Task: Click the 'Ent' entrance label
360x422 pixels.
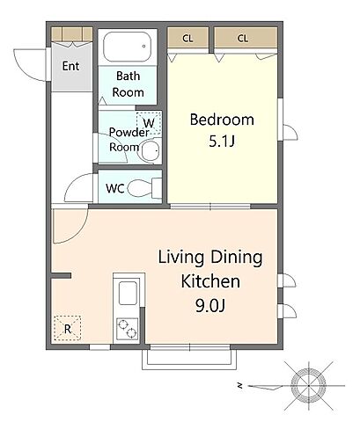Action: click(70, 66)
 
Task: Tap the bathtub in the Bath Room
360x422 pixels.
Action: click(128, 47)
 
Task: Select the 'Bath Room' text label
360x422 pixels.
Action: click(129, 84)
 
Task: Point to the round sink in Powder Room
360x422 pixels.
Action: click(150, 151)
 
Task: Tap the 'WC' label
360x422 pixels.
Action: click(114, 188)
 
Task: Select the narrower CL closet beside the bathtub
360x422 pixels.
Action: click(187, 39)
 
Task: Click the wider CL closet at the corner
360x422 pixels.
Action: click(246, 39)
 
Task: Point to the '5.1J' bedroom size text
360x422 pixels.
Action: click(222, 142)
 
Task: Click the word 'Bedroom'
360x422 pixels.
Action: click(222, 120)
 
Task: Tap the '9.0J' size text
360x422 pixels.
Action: click(210, 306)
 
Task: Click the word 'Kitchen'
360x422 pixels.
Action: click(210, 281)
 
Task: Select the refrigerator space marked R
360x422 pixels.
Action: click(68, 328)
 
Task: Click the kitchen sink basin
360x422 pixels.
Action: click(128, 294)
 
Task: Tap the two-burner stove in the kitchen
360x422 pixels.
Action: click(128, 329)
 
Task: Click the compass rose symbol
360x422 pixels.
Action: click(308, 386)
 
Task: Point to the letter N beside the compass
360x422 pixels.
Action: click(240, 386)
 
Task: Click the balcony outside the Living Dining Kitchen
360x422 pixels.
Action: click(189, 357)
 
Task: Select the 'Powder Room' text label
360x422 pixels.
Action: click(129, 140)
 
